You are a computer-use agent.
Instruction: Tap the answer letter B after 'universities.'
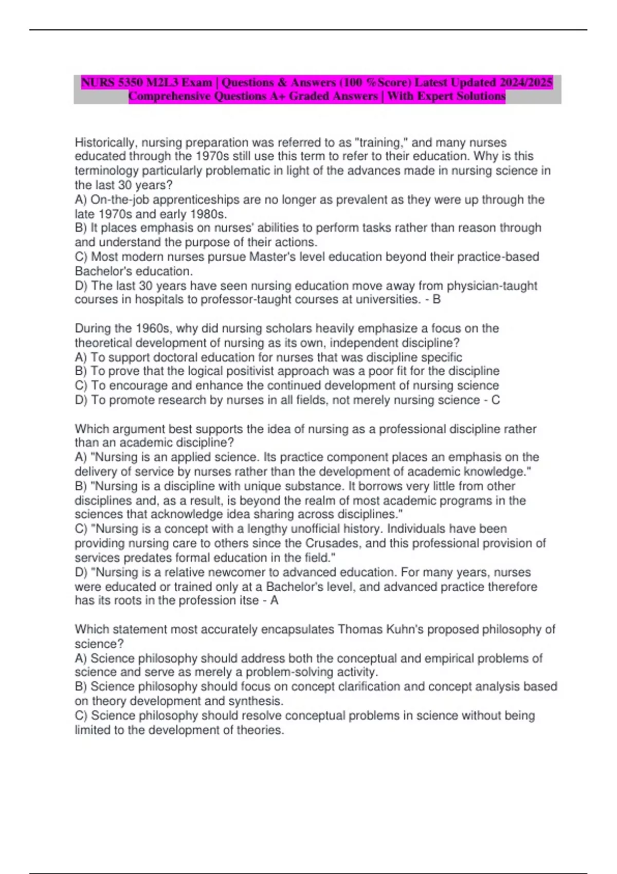pyautogui.click(x=437, y=299)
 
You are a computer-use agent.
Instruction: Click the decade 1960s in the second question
pyautogui.click(x=155, y=328)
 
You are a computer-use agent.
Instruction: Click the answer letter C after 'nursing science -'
pyautogui.click(x=496, y=400)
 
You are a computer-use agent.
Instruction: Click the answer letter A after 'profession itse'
pyautogui.click(x=275, y=600)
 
